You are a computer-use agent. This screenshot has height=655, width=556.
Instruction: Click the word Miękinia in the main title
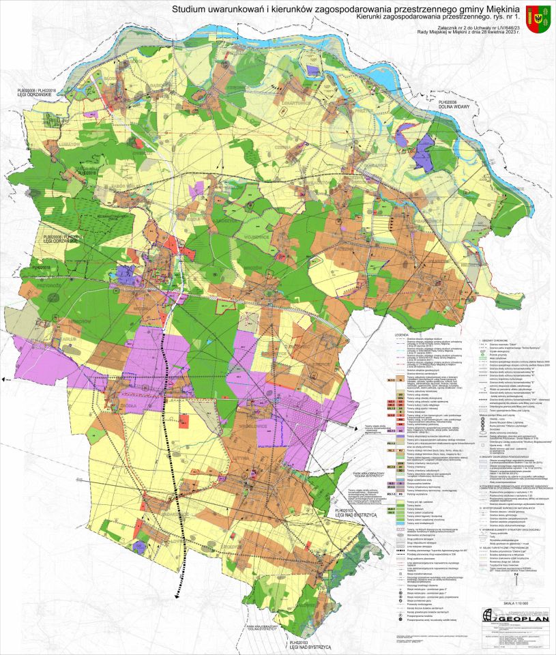click(503, 9)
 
